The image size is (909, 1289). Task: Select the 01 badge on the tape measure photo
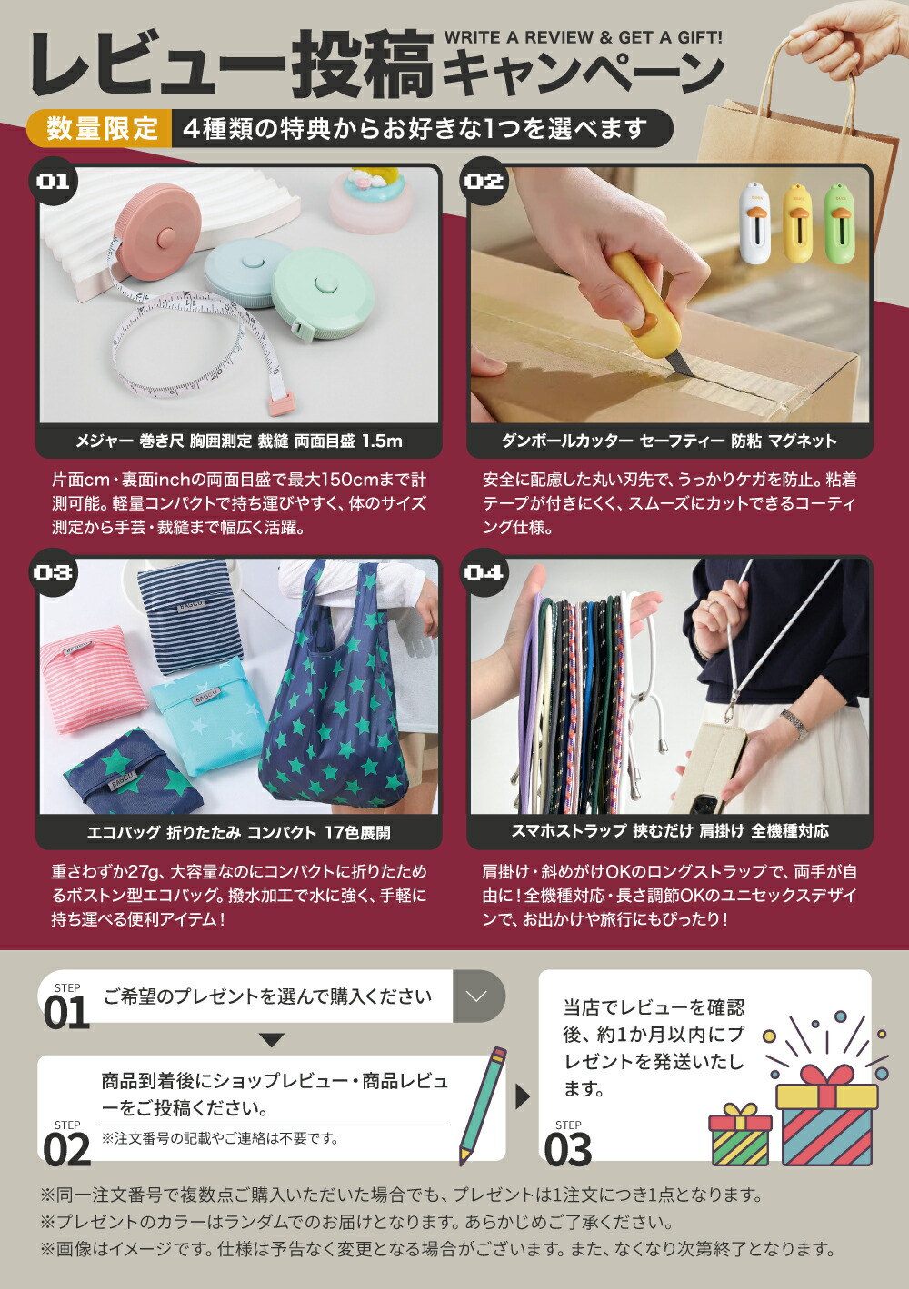point(54,182)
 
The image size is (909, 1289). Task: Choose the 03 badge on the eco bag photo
point(54,572)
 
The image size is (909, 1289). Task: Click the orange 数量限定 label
point(100,128)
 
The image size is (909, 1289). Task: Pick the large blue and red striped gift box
point(827,1115)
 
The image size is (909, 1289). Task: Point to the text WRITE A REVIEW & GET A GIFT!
point(584,38)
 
